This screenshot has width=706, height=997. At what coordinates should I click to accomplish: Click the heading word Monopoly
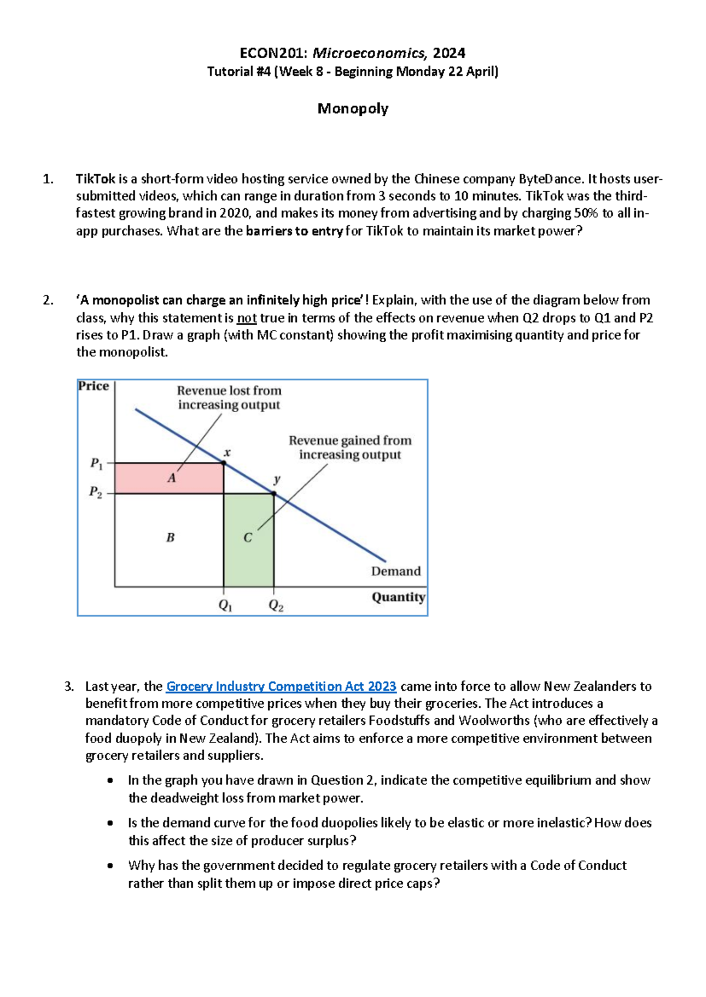(x=352, y=109)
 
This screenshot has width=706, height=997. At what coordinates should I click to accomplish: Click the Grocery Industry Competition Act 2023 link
(x=281, y=686)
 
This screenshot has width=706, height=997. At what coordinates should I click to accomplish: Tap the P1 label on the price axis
(x=96, y=464)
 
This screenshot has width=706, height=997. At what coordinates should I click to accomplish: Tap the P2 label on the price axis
(x=95, y=492)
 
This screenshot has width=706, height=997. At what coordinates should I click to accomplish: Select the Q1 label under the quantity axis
(x=225, y=605)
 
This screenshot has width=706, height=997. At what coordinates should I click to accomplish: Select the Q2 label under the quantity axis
(x=275, y=605)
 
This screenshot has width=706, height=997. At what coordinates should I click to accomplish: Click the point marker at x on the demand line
(x=224, y=463)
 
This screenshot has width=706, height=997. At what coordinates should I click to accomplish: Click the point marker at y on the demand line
(x=274, y=493)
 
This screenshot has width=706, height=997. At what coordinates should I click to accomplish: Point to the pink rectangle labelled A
(x=169, y=478)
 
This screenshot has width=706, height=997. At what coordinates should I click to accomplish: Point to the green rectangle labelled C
(x=248, y=538)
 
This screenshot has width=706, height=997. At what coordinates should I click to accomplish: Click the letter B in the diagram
(x=171, y=537)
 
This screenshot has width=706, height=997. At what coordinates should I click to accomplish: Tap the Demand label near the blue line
(x=395, y=571)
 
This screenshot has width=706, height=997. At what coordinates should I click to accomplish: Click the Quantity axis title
(x=398, y=597)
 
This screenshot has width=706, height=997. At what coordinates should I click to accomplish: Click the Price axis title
(x=94, y=386)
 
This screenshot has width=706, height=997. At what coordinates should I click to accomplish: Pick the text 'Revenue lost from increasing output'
(x=229, y=398)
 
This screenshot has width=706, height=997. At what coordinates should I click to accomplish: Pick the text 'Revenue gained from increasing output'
(x=349, y=447)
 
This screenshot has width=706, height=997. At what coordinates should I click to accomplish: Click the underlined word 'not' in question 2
(x=247, y=318)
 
